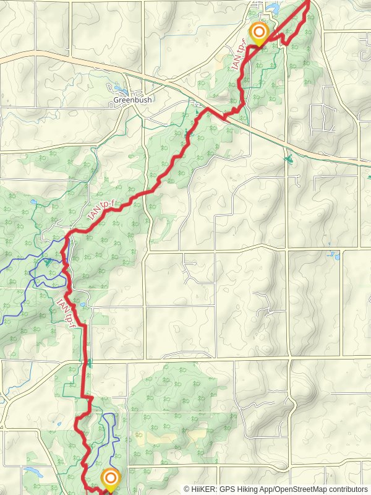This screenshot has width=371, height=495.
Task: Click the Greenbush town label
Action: pyautogui.click(x=133, y=99)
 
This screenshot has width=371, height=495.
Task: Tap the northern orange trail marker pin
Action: pyautogui.click(x=258, y=33)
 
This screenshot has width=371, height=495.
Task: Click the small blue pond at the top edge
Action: pyautogui.click(x=270, y=7)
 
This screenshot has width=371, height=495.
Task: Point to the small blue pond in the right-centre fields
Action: pyautogui.click(x=335, y=254)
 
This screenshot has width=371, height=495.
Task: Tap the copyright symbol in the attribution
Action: pyautogui.click(x=187, y=489)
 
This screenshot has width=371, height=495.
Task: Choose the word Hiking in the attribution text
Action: pyautogui.click(x=249, y=489)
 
